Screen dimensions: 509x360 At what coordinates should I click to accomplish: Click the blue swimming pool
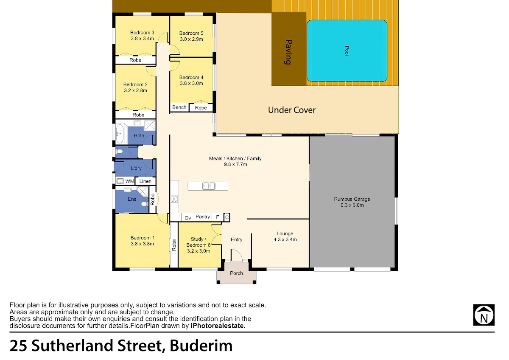[x=347, y=51]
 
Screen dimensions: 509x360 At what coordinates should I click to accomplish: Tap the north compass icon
[x=484, y=315]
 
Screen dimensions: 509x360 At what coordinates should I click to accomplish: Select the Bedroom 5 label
[x=191, y=33]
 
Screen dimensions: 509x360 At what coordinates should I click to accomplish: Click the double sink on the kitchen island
[x=209, y=186]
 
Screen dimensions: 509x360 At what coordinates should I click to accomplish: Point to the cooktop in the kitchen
[x=174, y=199]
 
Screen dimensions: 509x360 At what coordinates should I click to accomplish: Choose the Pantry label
[x=203, y=217]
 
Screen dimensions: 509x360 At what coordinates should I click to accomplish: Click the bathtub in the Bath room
[x=120, y=134]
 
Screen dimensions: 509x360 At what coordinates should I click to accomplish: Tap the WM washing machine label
[x=129, y=181]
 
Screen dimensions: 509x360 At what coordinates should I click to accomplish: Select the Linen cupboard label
[x=145, y=181]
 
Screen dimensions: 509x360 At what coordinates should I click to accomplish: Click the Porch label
[x=236, y=273]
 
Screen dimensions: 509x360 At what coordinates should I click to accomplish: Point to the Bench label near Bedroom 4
[x=179, y=107]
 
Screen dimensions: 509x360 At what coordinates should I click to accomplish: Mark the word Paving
[x=288, y=52]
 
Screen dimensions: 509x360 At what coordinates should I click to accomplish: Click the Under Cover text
[x=292, y=110]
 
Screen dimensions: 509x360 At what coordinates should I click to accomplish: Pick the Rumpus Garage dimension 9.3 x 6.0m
[x=352, y=205]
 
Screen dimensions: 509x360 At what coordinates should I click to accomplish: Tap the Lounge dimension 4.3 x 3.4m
[x=285, y=239]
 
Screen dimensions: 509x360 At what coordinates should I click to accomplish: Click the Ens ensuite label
[x=132, y=199]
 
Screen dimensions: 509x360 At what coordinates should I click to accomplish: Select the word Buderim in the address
[x=201, y=346]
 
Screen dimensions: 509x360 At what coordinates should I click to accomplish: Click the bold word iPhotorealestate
[x=218, y=326]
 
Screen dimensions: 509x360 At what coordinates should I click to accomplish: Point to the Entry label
[x=236, y=239]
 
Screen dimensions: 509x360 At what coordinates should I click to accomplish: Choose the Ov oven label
[x=187, y=218]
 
